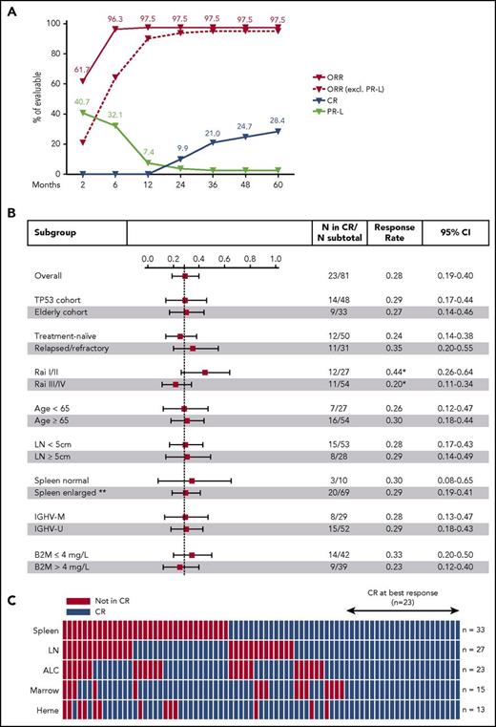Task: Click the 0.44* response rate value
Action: point(382,371)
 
